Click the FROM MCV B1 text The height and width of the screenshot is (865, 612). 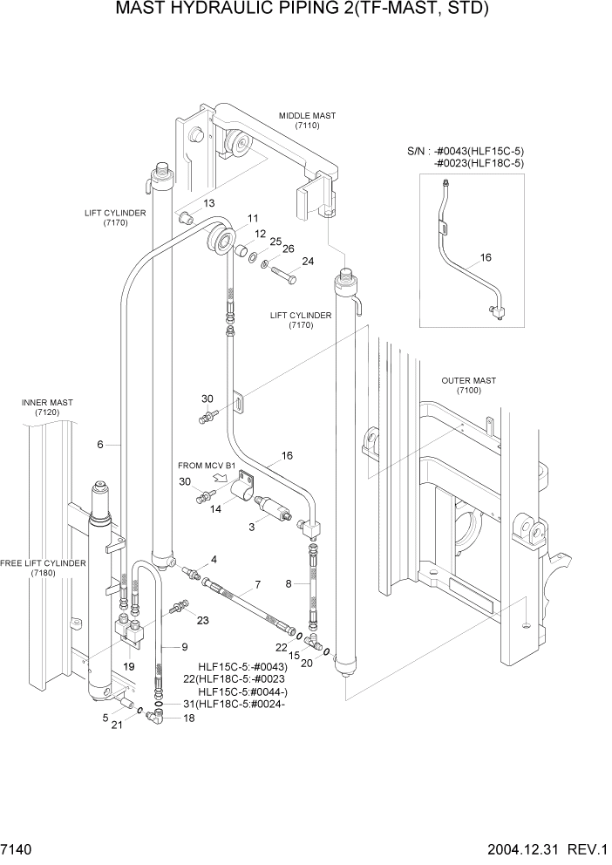click(x=207, y=466)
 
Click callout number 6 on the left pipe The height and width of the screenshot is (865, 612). click(x=100, y=445)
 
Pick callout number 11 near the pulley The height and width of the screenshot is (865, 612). click(x=252, y=218)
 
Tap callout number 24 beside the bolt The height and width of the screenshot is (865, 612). click(x=307, y=261)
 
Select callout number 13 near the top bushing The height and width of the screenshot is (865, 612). click(x=209, y=202)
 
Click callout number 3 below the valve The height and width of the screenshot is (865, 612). click(x=251, y=526)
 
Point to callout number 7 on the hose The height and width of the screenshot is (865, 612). click(x=257, y=583)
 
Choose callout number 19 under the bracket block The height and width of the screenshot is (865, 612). click(x=128, y=666)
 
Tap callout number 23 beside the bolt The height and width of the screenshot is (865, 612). click(x=203, y=621)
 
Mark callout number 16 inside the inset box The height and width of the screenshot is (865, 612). click(x=486, y=258)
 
